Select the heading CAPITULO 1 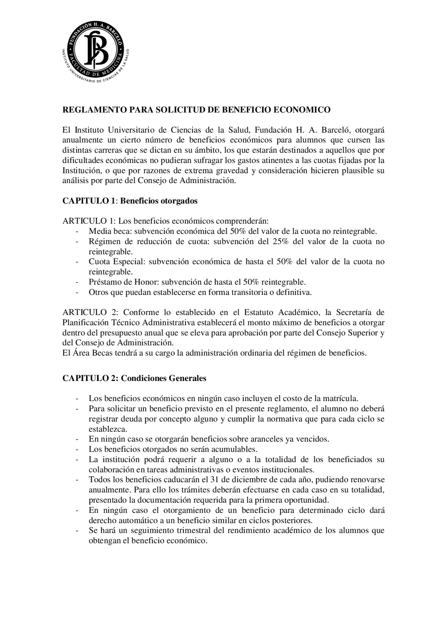point(88,201)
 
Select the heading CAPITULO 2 point(89,379)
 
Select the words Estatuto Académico point(281,313)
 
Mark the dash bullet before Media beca point(77,232)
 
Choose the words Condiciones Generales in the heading point(164,379)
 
